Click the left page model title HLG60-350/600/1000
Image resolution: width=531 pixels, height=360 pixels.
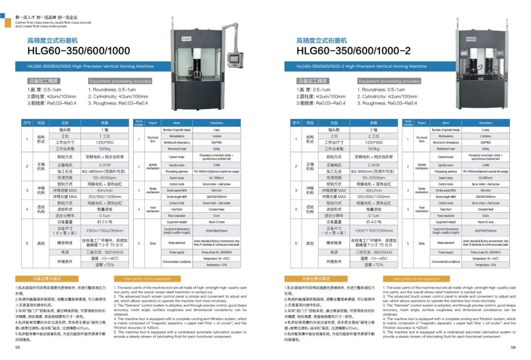coord(79,51)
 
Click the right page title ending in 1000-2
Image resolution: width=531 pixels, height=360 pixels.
coord(353,51)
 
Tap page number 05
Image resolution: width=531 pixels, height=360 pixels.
coord(18,347)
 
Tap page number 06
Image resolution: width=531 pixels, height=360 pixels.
coord(513,347)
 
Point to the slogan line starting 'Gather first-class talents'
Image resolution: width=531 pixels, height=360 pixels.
coord(53,23)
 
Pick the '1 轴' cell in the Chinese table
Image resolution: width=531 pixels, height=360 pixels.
coord(105,130)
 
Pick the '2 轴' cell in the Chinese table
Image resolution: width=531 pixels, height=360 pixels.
coord(374,130)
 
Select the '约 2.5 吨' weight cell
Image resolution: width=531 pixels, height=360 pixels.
coord(105,222)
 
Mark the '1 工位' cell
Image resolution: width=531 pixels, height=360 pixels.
coord(105,136)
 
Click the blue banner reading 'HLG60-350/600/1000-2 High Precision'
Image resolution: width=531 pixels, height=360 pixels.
coord(361,66)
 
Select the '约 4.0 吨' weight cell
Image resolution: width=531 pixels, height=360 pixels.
coord(374,222)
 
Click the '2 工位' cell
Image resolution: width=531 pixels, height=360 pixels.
coord(374,136)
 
